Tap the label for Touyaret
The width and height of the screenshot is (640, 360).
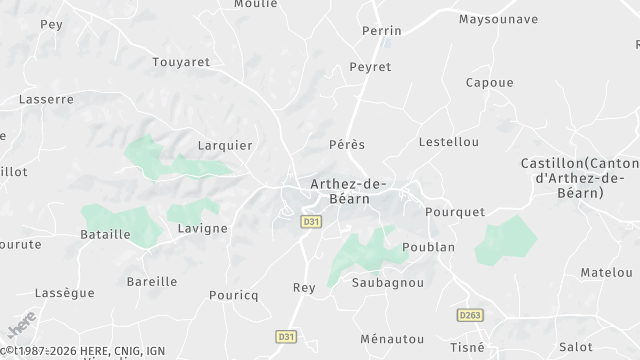click(181, 62)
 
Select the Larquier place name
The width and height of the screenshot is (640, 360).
click(225, 144)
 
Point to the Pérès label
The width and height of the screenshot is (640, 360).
click(347, 145)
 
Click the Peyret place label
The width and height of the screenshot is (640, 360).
click(369, 67)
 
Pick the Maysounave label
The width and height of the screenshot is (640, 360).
click(498, 19)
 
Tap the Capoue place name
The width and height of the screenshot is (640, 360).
click(490, 83)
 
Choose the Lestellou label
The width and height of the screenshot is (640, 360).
click(448, 142)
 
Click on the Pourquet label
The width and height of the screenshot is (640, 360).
click(455, 212)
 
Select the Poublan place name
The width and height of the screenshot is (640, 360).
click(428, 247)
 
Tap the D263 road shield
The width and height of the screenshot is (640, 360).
click(471, 315)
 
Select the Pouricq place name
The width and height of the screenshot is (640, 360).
click(233, 295)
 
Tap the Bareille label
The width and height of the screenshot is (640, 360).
click(152, 282)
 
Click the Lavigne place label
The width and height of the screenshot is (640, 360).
click(201, 228)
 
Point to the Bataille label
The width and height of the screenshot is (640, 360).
click(105, 234)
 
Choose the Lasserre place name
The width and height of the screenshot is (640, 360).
click(47, 100)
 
